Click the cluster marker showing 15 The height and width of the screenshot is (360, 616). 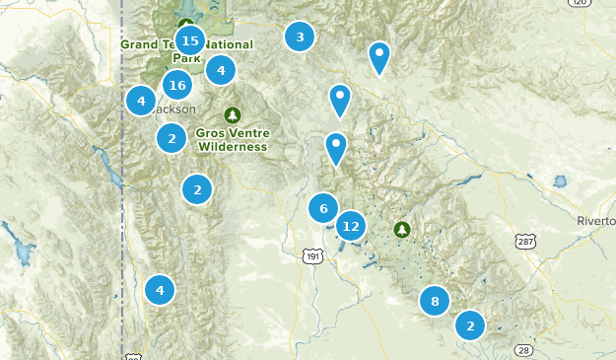(x=190, y=41)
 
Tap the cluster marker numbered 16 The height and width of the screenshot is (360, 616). (x=177, y=85)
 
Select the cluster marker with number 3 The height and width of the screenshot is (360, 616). (x=300, y=37)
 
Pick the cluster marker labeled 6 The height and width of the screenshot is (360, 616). (x=323, y=208)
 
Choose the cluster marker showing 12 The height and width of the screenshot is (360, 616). (x=351, y=226)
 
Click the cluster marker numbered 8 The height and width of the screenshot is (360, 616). (x=435, y=301)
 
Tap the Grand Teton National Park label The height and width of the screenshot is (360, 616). (x=186, y=50)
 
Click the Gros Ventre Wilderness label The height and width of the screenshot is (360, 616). (x=233, y=140)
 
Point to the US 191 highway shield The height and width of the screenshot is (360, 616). (x=312, y=255)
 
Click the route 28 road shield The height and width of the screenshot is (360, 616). (x=521, y=350)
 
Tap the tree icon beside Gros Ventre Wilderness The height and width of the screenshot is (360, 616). (x=233, y=115)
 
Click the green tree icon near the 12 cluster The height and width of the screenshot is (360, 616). (x=402, y=230)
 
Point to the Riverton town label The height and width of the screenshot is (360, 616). (x=597, y=221)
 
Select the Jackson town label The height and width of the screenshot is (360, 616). (x=173, y=109)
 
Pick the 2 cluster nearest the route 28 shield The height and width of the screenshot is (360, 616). (x=470, y=324)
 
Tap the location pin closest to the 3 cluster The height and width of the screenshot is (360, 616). (x=379, y=57)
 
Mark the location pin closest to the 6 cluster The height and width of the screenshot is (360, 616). (x=336, y=148)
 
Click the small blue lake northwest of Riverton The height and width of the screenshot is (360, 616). (x=561, y=182)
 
